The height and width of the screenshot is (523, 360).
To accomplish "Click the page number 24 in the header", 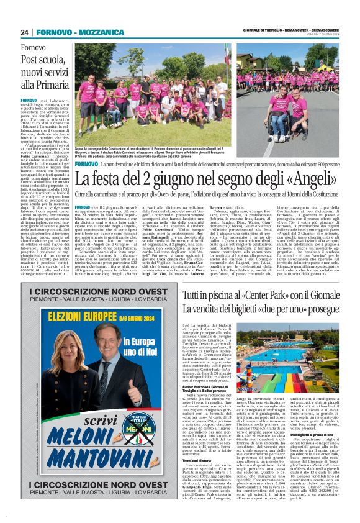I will click(25, 31).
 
